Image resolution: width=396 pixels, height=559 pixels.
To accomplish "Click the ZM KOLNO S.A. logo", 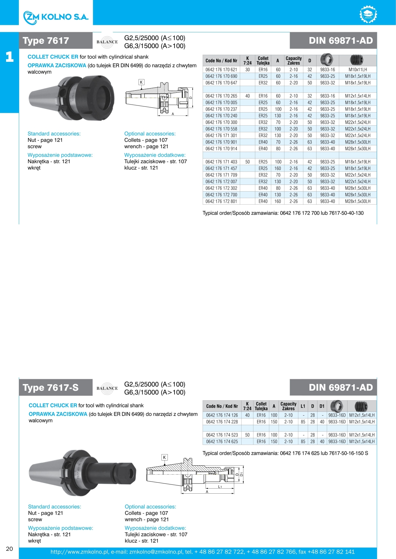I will (x=56, y=17).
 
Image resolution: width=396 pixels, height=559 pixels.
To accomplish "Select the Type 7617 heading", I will (x=46, y=41).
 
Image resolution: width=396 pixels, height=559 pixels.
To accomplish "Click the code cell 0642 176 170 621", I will (x=221, y=69).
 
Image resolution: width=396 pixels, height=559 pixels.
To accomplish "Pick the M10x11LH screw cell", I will (x=357, y=69).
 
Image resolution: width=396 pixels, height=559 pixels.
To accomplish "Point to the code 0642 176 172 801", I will (x=221, y=201).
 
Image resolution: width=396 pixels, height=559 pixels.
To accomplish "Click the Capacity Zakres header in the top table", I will (x=293, y=61).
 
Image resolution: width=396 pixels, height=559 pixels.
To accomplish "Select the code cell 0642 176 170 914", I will (x=221, y=149).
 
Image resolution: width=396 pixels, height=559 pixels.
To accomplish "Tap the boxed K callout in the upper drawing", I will (x=141, y=82).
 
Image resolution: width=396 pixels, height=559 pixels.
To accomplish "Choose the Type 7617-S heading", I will (x=50, y=388).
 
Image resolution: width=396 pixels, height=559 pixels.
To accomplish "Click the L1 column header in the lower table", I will (x=303, y=406).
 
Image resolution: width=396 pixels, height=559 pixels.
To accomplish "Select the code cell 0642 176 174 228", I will (x=222, y=422).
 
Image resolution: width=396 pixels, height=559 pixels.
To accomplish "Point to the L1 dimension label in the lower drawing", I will (x=220, y=487).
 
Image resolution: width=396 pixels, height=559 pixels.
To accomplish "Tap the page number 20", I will (x=10, y=548).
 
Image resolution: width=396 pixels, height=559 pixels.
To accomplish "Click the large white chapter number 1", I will (x=10, y=57).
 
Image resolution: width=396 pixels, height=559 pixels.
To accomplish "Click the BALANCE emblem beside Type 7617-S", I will (x=107, y=388).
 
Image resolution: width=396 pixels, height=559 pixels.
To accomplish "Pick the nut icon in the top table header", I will (x=327, y=60).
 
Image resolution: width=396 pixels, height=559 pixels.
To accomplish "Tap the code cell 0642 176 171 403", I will (x=221, y=162).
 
